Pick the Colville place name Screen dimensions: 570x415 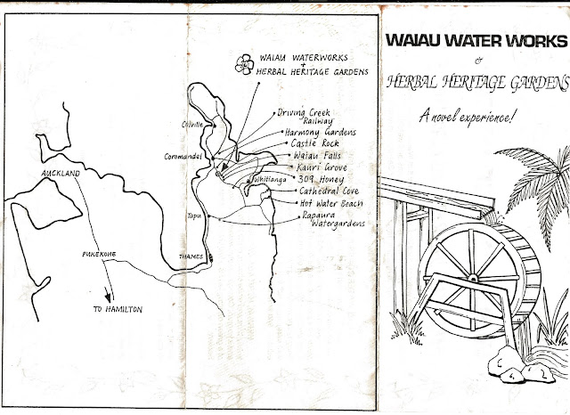tap(193, 124)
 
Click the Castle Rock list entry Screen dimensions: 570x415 tap(313, 142)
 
